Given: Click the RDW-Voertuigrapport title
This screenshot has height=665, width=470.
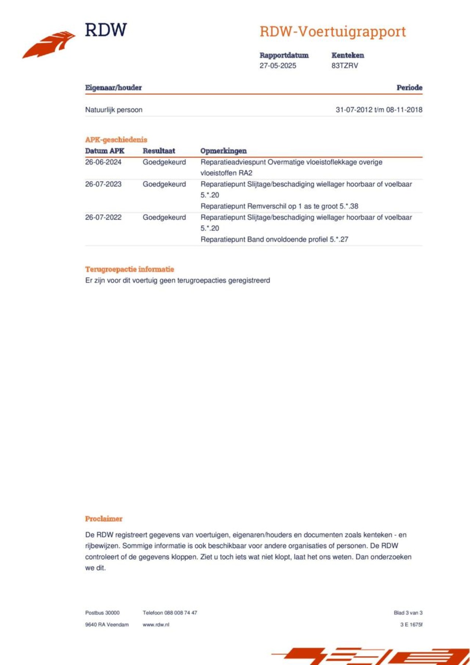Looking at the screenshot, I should coord(333,32).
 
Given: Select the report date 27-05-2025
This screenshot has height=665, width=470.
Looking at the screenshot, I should coord(278,66).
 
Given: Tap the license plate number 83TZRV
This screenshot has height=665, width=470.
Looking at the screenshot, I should coord(344,66).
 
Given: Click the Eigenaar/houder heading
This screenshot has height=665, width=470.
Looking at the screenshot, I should coord(113,88).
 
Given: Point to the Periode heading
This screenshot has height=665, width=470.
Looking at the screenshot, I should coord(409,88).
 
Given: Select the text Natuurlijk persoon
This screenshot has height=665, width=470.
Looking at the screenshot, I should coord(114,110).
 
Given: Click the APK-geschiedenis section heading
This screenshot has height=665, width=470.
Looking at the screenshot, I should coord(116,140).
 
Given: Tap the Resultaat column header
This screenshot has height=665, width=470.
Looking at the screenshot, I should coord(159,151).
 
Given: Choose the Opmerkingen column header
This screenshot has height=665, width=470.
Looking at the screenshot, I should coord(223,151).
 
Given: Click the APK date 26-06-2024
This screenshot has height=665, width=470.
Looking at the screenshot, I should coord(103,162).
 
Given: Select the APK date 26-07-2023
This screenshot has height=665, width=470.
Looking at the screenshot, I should coord(103,184).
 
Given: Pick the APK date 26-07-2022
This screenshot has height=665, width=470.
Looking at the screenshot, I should coord(103,217).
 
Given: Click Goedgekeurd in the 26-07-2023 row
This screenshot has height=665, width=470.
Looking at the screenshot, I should coord(164,184).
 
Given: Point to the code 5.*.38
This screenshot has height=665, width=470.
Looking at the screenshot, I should coord(349,206).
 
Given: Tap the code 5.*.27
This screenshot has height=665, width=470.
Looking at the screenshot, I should coord(339,239).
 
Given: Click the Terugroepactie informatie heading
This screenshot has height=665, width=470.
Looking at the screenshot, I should coord(130,269).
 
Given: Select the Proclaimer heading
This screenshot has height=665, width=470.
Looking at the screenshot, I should coord(104,519).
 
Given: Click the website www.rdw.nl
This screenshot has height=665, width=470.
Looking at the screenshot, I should coord(156,625).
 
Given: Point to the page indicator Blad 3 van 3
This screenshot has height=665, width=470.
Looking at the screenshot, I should coord(408,613).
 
